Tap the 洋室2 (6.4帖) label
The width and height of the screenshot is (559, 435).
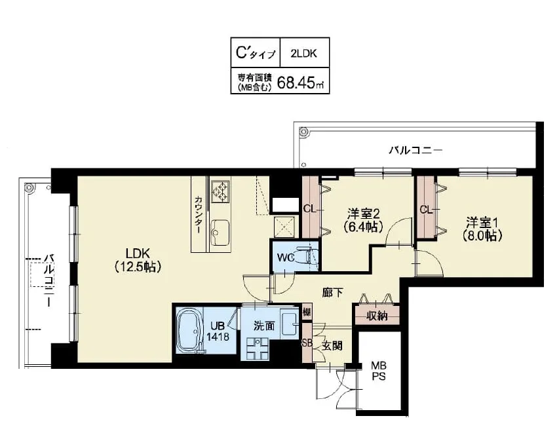click(362, 220)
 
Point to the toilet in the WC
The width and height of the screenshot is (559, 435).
click(305, 257)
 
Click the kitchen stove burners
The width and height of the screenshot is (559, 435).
click(220, 189)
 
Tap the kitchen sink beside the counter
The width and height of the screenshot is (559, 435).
click(220, 231)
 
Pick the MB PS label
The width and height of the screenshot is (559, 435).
click(379, 371)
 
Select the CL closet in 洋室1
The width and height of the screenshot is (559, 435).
click(426, 210)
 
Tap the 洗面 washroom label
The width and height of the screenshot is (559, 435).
click(264, 324)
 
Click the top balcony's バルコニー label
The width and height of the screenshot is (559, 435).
click(415, 150)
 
